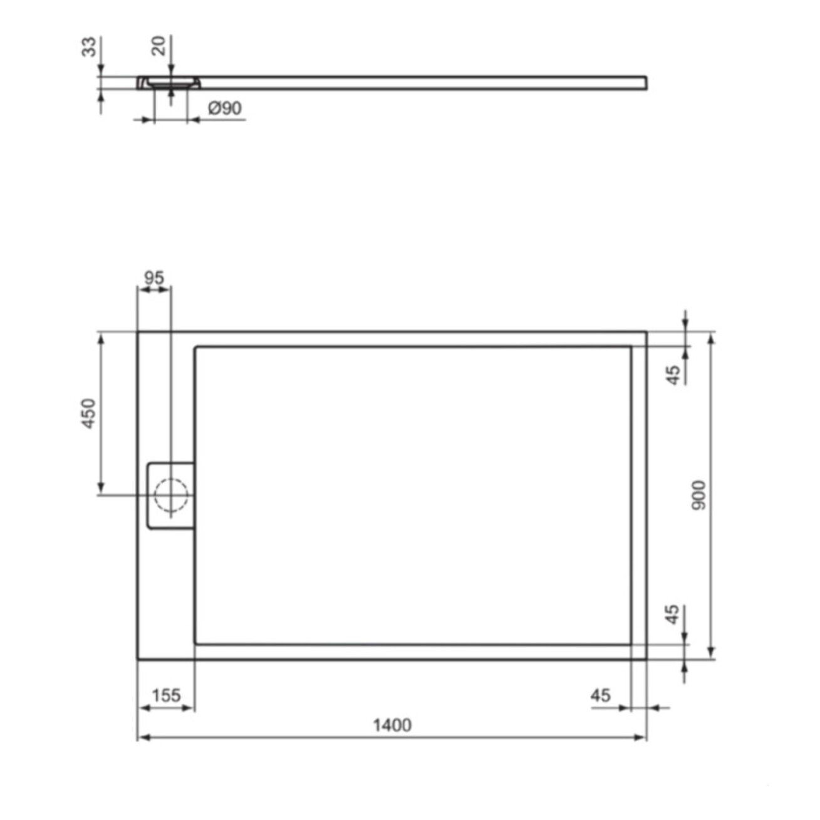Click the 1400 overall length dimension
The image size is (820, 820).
392,725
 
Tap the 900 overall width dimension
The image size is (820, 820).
698,494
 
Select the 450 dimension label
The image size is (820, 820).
89,413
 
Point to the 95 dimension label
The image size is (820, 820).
153,278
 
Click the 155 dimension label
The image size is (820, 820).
166,695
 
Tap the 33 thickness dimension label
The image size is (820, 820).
89,47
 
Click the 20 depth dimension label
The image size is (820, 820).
159,46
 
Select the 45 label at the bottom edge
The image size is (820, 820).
600,695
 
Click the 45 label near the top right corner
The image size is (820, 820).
673,375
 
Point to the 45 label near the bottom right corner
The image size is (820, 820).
672,614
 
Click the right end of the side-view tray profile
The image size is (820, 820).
645,83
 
